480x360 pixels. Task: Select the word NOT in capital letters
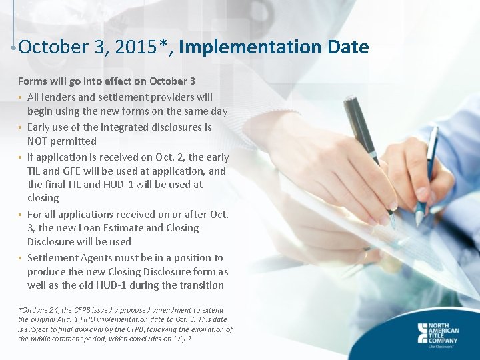coord(37,141)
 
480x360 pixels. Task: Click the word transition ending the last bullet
coord(200,285)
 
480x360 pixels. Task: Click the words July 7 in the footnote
coord(180,339)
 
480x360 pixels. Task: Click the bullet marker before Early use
coord(21,127)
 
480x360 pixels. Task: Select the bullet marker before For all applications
coord(21,215)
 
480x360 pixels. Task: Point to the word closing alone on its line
coord(43,199)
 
